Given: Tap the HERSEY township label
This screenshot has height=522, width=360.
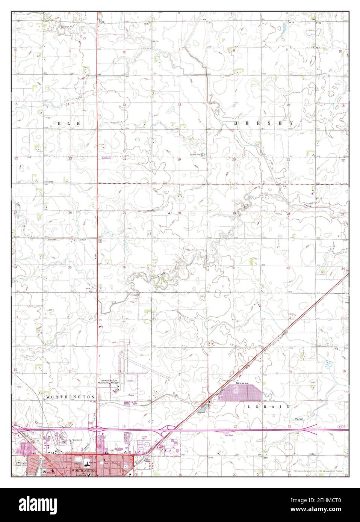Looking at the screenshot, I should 263,123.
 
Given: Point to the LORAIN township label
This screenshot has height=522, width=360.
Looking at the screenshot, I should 269,407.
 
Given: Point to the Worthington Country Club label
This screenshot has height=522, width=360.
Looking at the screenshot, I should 21,464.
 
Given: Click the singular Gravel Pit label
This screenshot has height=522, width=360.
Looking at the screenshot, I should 69,27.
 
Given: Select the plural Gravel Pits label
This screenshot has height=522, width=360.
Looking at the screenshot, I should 196,154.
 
